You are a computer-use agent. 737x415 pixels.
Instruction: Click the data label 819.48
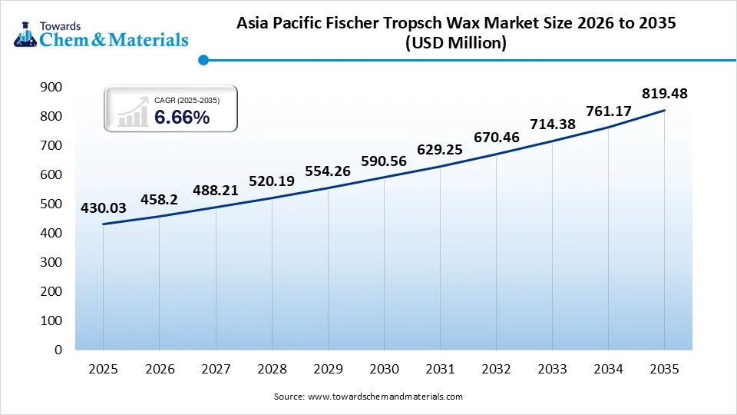[x=664, y=94]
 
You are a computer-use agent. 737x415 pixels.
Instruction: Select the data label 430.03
[x=104, y=207]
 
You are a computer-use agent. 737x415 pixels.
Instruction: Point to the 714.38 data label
[x=552, y=124]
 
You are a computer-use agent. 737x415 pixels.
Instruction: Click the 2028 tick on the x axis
[x=272, y=370]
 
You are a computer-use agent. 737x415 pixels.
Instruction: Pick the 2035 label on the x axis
[x=664, y=370]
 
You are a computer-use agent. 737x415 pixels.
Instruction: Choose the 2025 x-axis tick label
[x=104, y=370]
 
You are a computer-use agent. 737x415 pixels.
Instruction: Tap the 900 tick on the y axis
[x=51, y=88]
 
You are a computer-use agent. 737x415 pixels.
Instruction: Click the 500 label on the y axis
[x=51, y=204]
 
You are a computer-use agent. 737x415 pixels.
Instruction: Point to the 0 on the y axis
[x=58, y=350]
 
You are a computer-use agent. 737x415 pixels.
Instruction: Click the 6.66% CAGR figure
[x=182, y=118]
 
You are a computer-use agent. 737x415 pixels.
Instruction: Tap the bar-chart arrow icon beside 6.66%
[x=132, y=113]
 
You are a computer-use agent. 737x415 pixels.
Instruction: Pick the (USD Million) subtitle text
[x=455, y=44]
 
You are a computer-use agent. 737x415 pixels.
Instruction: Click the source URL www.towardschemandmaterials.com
[x=385, y=397]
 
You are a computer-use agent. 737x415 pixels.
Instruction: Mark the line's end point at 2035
[x=664, y=111]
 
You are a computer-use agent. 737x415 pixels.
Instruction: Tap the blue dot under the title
[x=203, y=59]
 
